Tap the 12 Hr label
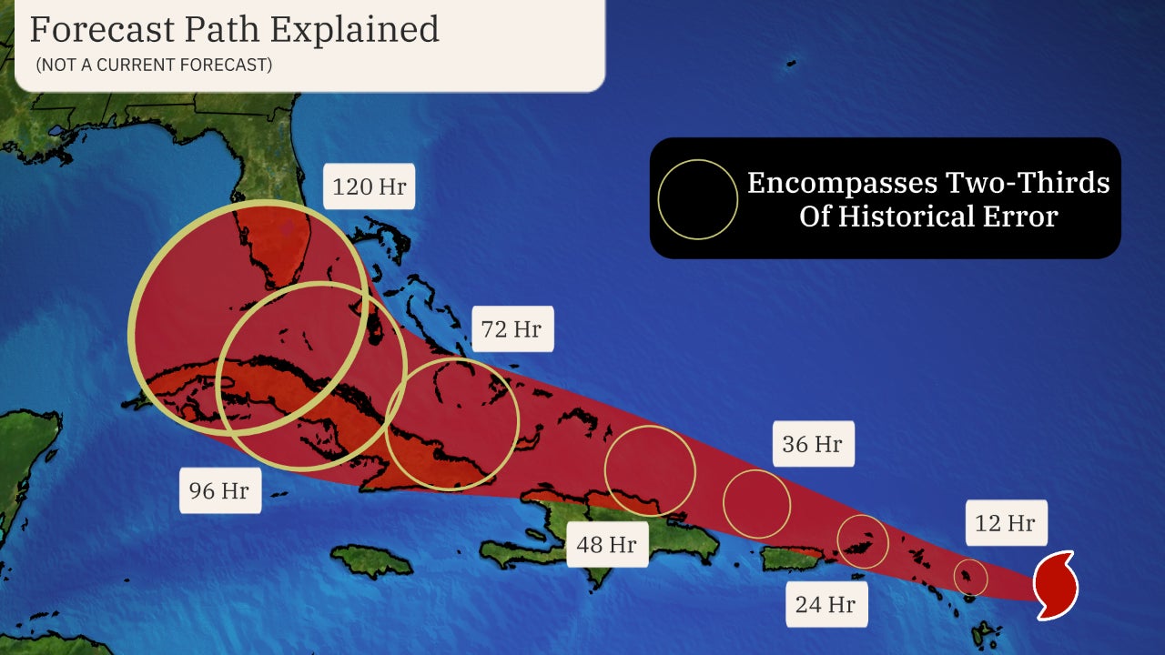click(x=1006, y=523)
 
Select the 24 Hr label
click(x=826, y=603)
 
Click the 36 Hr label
click(x=813, y=444)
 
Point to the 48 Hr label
click(x=606, y=545)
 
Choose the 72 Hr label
click(x=512, y=328)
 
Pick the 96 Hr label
click(x=219, y=490)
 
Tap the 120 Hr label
click(x=368, y=188)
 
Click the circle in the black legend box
click(x=698, y=199)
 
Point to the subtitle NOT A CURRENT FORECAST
click(x=154, y=65)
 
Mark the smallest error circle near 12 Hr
click(x=971, y=577)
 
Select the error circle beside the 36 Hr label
click(x=757, y=503)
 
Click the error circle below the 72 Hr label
click(x=452, y=424)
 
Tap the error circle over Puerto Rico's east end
click(x=862, y=541)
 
